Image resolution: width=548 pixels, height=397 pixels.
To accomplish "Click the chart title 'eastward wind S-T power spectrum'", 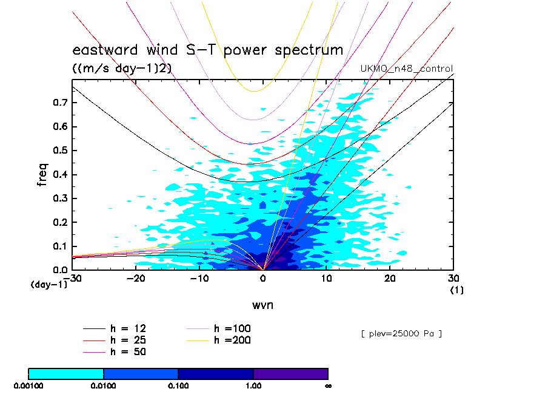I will click(208, 50).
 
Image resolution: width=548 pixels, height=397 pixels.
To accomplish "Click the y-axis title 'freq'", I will click(42, 172).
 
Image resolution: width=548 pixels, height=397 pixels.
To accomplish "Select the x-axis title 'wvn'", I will click(263, 305).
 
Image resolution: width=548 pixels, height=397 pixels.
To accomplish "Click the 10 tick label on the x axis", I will click(327, 278).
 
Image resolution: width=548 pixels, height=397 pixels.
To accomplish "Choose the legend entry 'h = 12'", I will click(128, 328).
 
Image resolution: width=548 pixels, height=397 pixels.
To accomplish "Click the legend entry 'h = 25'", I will click(128, 340).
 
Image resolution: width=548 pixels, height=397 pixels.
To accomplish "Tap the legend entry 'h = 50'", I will click(128, 351).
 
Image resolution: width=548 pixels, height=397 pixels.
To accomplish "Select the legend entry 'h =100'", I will click(233, 328).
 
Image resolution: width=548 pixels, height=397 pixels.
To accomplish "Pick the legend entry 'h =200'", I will click(233, 340).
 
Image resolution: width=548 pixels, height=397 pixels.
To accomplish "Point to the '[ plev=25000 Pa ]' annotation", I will click(401, 333).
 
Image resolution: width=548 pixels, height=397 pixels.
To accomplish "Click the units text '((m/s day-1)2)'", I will click(122, 69).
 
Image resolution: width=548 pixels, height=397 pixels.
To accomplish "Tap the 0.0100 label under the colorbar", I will click(104, 385).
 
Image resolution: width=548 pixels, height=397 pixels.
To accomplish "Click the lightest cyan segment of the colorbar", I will click(66, 373).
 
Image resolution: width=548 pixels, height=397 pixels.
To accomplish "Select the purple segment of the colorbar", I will click(290, 373).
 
